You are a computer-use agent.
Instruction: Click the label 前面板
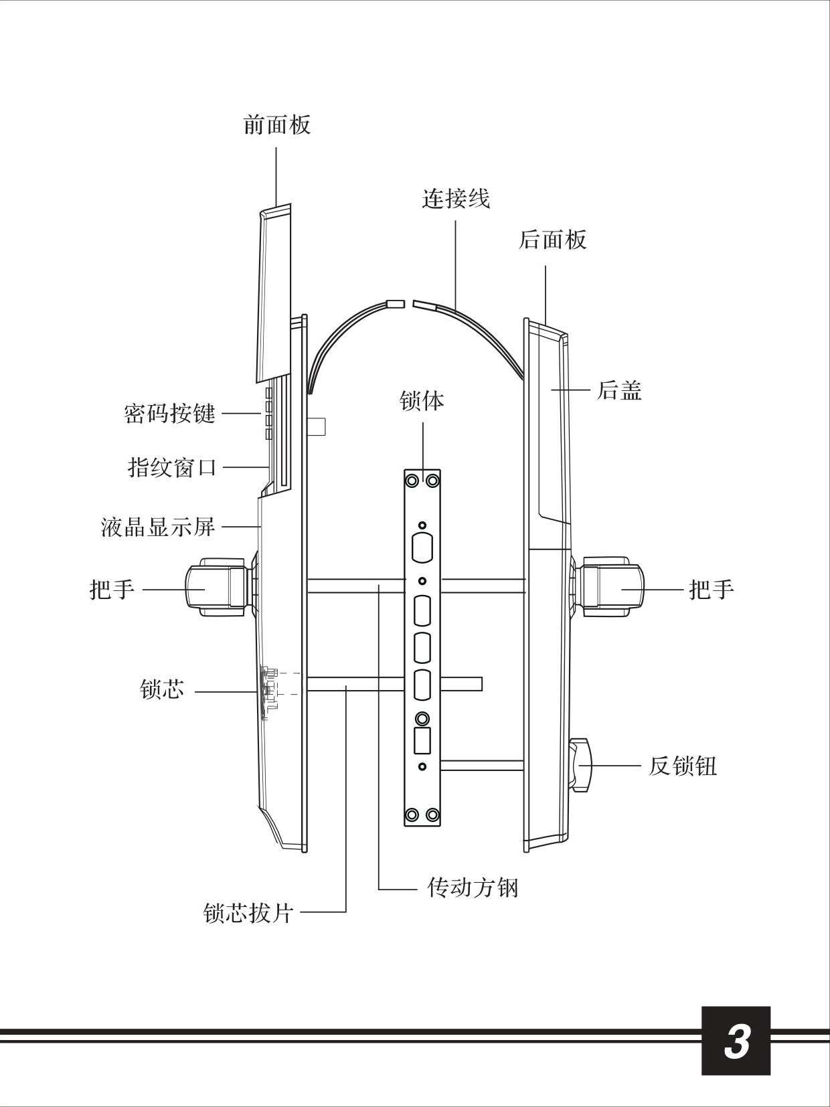[x=276, y=125]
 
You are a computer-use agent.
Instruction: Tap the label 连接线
[x=456, y=199]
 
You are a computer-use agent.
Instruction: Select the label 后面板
[x=552, y=240]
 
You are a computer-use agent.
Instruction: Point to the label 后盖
[x=619, y=390]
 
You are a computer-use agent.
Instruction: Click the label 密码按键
[x=170, y=414]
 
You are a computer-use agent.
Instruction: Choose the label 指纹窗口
[x=173, y=466]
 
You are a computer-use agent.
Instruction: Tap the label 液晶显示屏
[x=158, y=527]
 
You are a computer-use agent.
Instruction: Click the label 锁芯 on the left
[x=162, y=689]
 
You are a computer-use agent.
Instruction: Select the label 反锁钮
[x=682, y=766]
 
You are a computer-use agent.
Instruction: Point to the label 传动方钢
[x=473, y=888]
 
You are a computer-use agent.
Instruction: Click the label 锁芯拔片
[x=248, y=913]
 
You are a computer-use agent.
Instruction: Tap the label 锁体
[x=422, y=401]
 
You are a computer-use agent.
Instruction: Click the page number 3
[x=736, y=1041]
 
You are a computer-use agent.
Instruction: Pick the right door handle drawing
[x=610, y=587]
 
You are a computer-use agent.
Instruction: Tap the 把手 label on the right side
[x=712, y=590]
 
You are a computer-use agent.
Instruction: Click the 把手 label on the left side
[x=112, y=590]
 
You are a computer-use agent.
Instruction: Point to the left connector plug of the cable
[x=396, y=303]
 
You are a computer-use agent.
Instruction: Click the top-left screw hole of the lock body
[x=412, y=481]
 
